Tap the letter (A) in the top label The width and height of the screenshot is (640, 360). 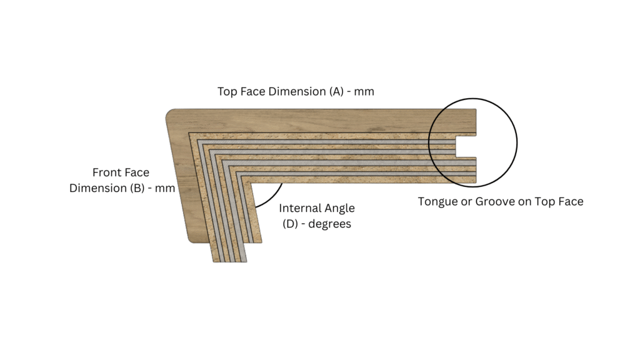pyautogui.click(x=337, y=91)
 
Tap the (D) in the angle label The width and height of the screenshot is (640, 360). pyautogui.click(x=290, y=224)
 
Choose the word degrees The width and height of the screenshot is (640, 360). pyautogui.click(x=330, y=224)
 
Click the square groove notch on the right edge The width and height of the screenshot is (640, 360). pyautogui.click(x=466, y=146)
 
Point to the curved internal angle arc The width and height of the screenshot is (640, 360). pyautogui.click(x=272, y=197)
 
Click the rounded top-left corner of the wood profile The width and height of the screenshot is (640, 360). pyautogui.click(x=170, y=113)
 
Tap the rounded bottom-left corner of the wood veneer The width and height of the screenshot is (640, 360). pyautogui.click(x=192, y=239)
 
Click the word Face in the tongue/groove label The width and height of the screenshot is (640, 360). pyautogui.click(x=572, y=202)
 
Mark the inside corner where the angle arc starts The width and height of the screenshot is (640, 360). pyautogui.click(x=251, y=183)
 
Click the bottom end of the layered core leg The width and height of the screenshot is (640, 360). pyautogui.click(x=230, y=261)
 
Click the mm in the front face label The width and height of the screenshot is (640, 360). pyautogui.click(x=165, y=189)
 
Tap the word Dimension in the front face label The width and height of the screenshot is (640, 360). pyautogui.click(x=98, y=188)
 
